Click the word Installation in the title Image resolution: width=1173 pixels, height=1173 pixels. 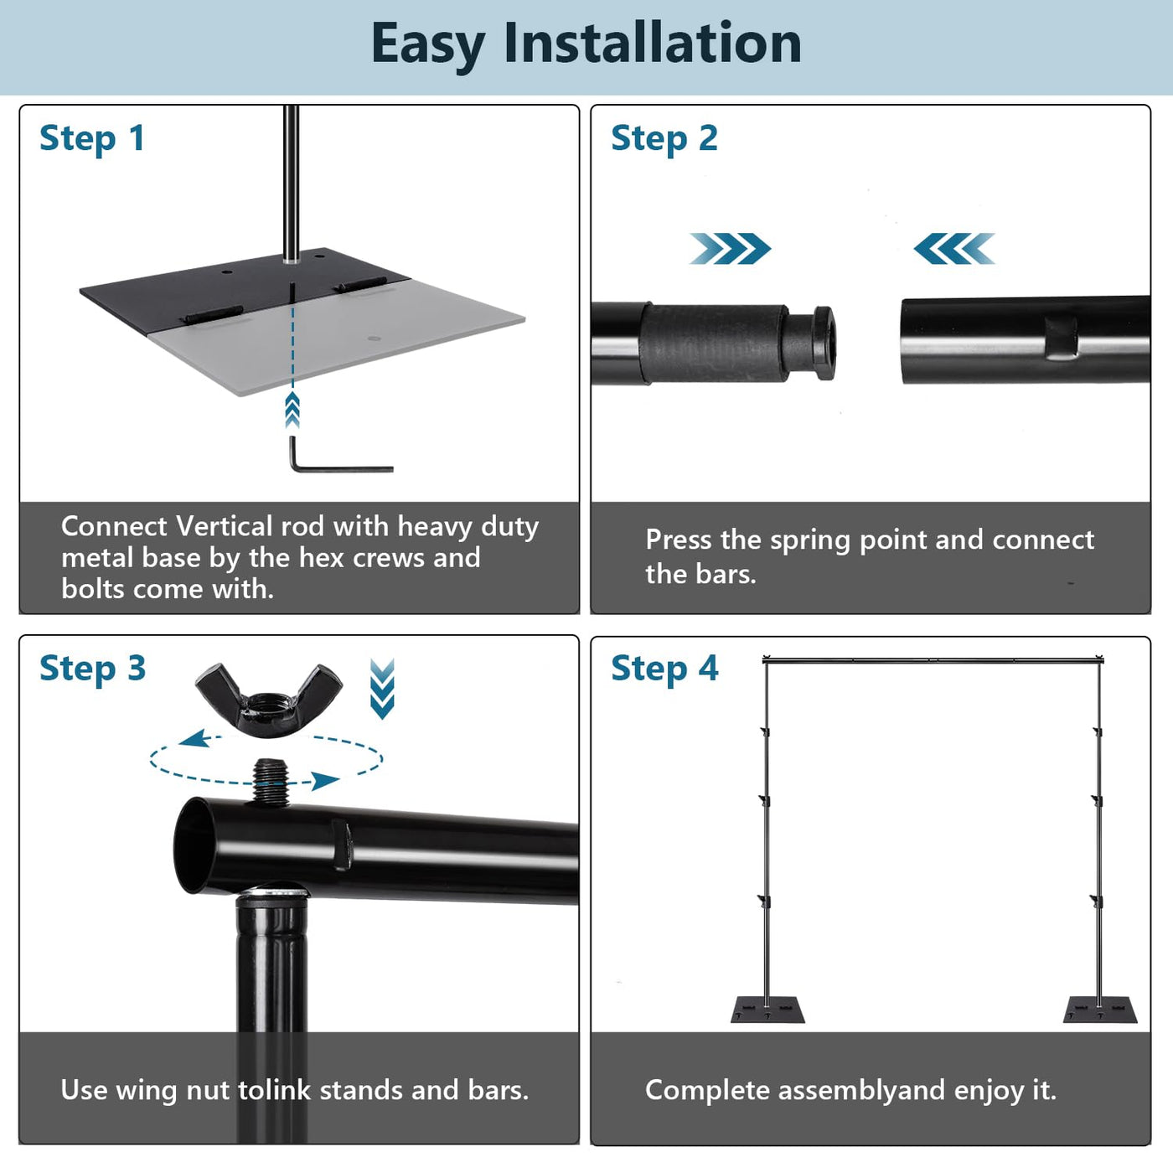pyautogui.click(x=652, y=43)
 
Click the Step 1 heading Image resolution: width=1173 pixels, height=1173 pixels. pyautogui.click(x=92, y=139)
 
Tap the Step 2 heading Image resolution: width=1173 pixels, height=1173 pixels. pyautogui.click(x=664, y=139)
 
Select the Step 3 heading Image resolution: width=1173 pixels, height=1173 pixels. pyautogui.click(x=92, y=669)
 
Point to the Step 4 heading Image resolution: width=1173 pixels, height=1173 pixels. pyautogui.click(x=664, y=669)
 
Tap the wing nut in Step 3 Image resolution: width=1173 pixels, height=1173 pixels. pyautogui.click(x=268, y=700)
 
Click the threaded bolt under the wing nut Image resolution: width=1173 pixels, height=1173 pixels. pyautogui.click(x=271, y=783)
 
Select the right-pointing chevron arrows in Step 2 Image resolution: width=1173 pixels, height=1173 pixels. pyautogui.click(x=730, y=248)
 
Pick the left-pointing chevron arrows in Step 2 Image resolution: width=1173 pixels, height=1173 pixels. pyautogui.click(x=953, y=248)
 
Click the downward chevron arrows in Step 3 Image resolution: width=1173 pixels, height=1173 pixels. pyautogui.click(x=382, y=689)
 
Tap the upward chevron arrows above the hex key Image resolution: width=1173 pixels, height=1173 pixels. pyautogui.click(x=292, y=410)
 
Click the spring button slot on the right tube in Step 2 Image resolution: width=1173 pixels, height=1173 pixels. pyautogui.click(x=1061, y=337)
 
